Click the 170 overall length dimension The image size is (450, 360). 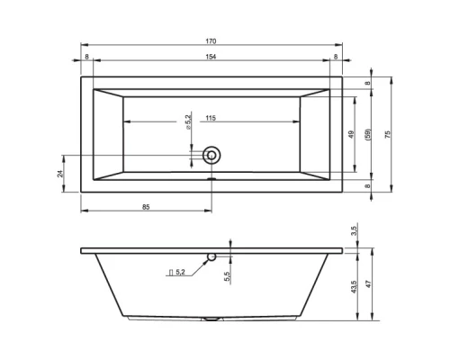211,41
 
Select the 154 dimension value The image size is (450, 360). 211,57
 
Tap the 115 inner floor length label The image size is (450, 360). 211,118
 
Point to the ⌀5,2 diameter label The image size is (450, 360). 188,121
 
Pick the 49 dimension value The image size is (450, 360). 351,134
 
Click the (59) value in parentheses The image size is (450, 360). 368,134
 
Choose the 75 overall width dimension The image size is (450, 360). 388,134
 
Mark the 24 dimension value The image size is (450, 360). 60,174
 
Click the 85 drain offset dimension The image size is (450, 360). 146,207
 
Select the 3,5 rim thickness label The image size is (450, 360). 355,230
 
